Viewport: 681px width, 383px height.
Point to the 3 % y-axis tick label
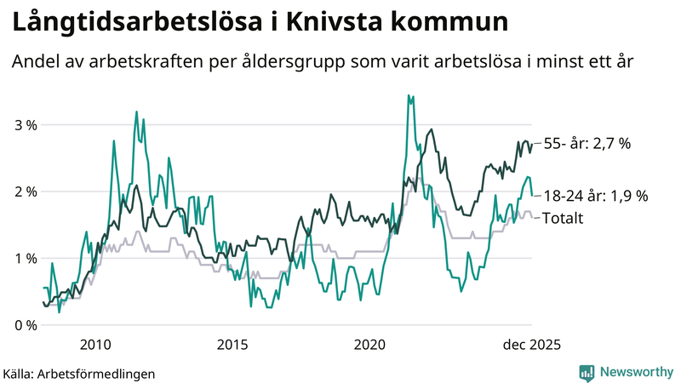pos(25,125)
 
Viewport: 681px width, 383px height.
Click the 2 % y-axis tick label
pos(25,191)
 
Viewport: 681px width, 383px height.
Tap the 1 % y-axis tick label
pos(25,258)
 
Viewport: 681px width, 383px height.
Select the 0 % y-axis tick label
pos(25,325)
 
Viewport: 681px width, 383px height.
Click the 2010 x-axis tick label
pos(94,345)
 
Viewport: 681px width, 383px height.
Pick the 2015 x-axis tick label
pos(232,345)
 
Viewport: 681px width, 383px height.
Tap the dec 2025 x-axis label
pos(529,345)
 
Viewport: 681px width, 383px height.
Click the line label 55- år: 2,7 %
pos(587,145)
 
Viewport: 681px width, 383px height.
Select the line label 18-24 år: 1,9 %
pos(595,196)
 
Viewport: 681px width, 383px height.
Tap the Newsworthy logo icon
pos(587,372)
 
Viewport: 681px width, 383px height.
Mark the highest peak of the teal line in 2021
pos(409,95)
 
